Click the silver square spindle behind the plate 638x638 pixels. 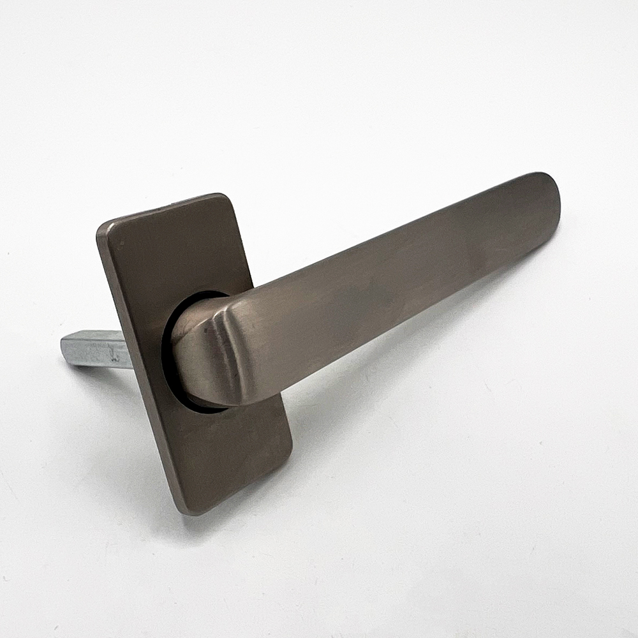point(96,348)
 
